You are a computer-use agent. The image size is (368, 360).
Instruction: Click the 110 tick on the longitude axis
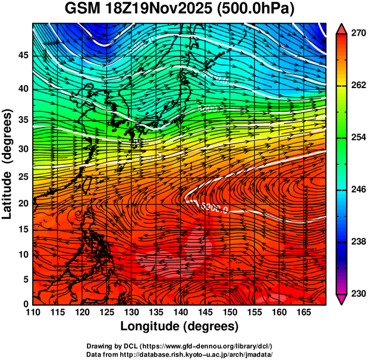coord(33,312)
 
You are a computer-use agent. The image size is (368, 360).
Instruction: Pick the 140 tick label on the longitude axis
coord(180,312)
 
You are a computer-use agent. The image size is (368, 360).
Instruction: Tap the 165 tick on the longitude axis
coord(302,312)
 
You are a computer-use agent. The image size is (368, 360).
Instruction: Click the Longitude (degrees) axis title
coord(180,326)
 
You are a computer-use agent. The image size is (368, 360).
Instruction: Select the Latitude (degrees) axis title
coord(8,164)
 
